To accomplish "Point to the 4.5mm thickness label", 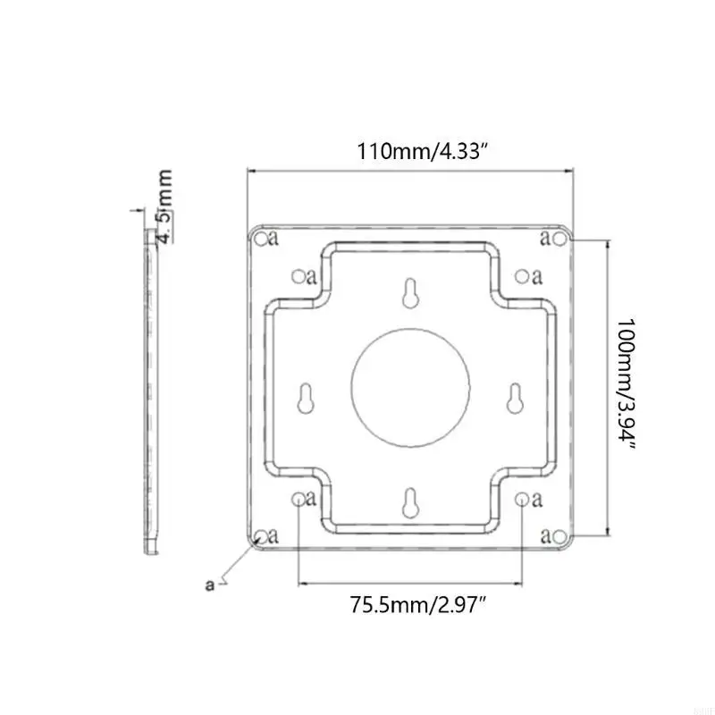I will [x=165, y=206].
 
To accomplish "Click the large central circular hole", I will [x=410, y=385].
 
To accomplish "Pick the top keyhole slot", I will [x=410, y=294].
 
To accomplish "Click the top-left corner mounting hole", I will [x=260, y=238].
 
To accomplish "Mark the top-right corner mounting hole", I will [x=559, y=238].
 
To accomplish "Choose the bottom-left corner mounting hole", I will [x=260, y=536].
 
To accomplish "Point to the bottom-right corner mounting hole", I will [x=559, y=536].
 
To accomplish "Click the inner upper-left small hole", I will [x=298, y=276].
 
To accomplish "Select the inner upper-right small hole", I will [x=522, y=276].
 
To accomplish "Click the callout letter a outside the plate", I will [x=210, y=585].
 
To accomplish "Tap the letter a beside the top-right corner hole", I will [x=544, y=238].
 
